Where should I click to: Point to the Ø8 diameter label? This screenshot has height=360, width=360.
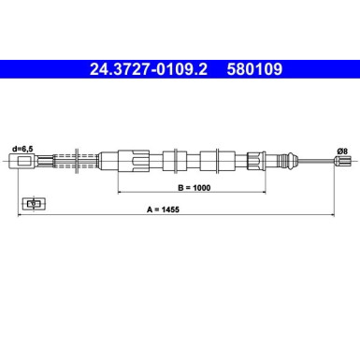click(x=342, y=151)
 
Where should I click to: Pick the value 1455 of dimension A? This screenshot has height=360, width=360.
click(x=194, y=210)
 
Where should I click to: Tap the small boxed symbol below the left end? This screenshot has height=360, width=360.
click(x=34, y=202)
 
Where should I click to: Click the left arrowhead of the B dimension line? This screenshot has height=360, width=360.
click(x=121, y=189)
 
